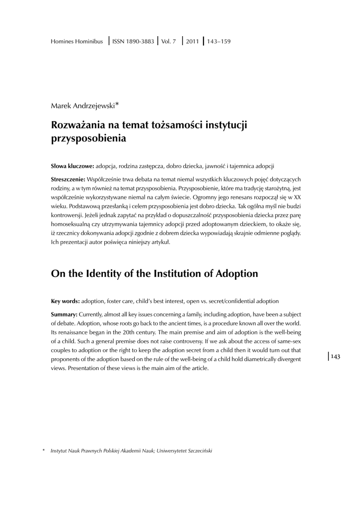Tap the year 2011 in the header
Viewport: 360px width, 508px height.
tap(192, 41)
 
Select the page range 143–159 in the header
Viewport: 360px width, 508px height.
tap(219, 41)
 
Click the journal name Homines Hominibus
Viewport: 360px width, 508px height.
tap(77, 41)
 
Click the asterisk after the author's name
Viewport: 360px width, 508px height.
tap(117, 104)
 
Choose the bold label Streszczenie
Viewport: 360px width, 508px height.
tap(69, 178)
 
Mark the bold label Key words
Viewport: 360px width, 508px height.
tap(65, 301)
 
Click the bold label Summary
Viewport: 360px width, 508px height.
tap(65, 315)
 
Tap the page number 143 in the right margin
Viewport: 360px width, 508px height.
tap(335, 357)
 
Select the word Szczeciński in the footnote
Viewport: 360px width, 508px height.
tap(199, 450)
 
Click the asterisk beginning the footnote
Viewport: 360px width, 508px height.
tap(43, 450)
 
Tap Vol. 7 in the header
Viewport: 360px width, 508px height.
tap(169, 41)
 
